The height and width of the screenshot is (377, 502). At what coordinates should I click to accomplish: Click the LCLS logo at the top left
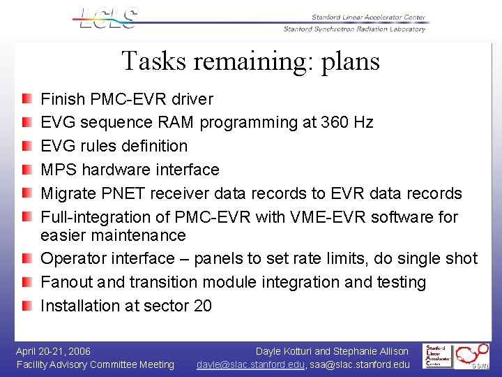[109, 19]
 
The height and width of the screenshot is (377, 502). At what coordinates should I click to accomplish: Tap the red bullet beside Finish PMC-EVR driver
[26, 99]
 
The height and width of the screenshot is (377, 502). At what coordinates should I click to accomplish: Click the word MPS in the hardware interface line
[59, 170]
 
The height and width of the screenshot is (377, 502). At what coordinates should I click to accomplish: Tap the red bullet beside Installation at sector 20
[26, 306]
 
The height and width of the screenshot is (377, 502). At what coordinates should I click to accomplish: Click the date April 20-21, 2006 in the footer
[54, 351]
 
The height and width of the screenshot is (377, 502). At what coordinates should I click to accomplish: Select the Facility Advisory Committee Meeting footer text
[96, 364]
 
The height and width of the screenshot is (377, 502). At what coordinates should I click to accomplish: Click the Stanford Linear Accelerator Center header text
[368, 17]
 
